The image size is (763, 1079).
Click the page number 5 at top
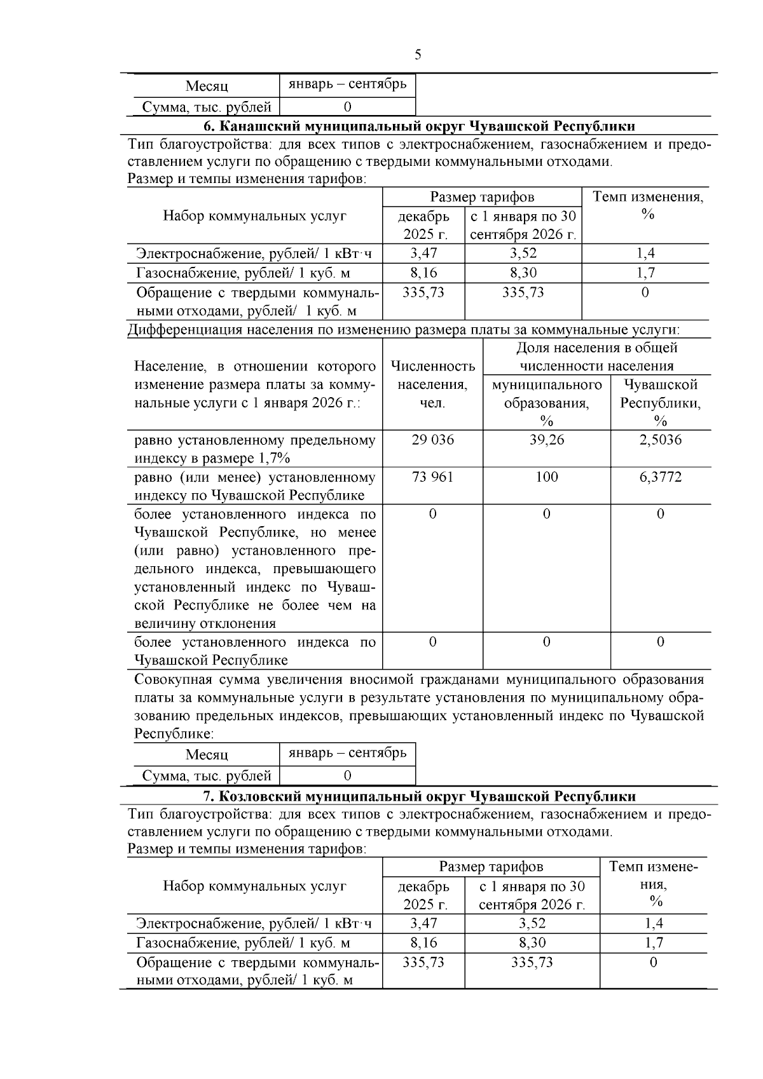point(418,55)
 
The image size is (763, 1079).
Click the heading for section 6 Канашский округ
point(419,125)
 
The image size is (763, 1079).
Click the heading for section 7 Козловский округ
point(419,796)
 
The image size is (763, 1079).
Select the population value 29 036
point(432,440)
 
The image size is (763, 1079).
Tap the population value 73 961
point(432,477)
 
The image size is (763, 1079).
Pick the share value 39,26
point(547,440)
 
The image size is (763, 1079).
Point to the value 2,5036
point(660,440)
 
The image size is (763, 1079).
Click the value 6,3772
point(660,477)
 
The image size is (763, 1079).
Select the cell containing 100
point(547,477)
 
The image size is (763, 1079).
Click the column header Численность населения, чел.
point(432,384)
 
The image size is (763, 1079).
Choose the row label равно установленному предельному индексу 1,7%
point(254,449)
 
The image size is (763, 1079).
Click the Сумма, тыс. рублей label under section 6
point(207,775)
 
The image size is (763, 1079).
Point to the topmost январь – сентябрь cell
point(347,85)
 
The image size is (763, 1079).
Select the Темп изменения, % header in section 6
point(647,205)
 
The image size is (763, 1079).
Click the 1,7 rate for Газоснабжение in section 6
point(645,273)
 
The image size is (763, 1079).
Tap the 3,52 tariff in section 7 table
point(532,923)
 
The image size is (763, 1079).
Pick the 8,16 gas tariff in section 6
point(423,273)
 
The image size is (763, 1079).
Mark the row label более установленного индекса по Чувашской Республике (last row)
point(254,651)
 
